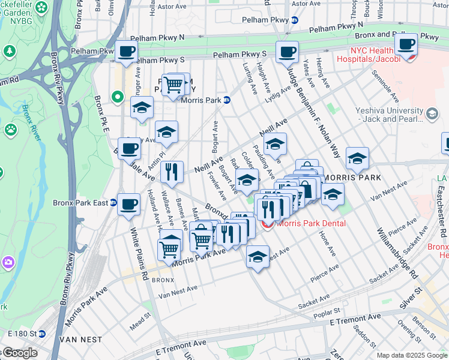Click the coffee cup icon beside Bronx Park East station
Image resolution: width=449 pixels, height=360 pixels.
[x=128, y=204]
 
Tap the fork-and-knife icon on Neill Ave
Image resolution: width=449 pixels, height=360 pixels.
[x=172, y=172]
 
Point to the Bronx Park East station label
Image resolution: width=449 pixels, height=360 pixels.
[x=80, y=203]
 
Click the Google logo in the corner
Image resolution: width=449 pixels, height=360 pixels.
[x=20, y=353]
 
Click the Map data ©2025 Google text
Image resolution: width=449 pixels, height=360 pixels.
[x=411, y=355]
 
